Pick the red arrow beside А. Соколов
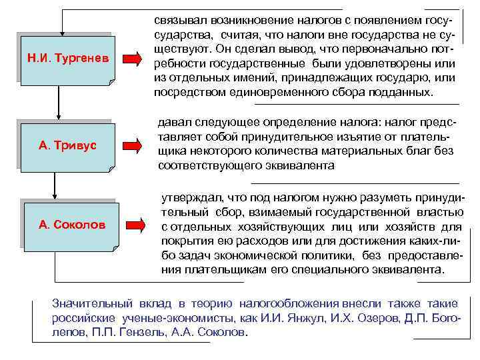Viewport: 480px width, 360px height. pos(135,225)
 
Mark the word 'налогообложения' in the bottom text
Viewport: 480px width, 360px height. pos(284,302)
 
